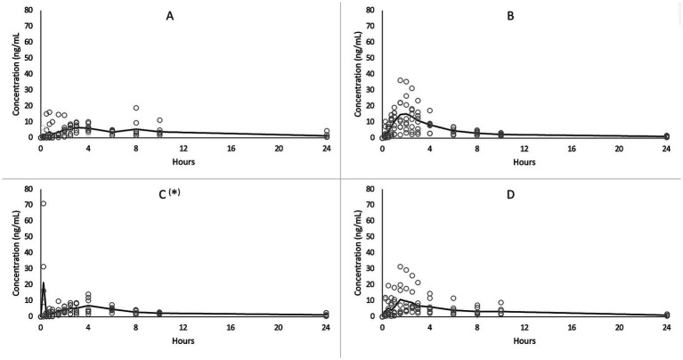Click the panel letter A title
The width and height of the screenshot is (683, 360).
(x=169, y=16)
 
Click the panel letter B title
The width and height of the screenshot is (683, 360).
(x=511, y=16)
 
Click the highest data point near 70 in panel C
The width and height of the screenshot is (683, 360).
(x=43, y=204)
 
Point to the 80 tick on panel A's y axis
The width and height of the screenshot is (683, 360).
(x=29, y=11)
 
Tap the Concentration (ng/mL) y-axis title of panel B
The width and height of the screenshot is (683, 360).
(x=354, y=75)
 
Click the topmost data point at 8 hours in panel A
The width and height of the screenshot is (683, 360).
(x=136, y=108)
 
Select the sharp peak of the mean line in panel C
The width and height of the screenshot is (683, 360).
(x=44, y=283)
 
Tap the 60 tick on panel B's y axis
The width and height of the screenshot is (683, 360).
(x=371, y=43)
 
